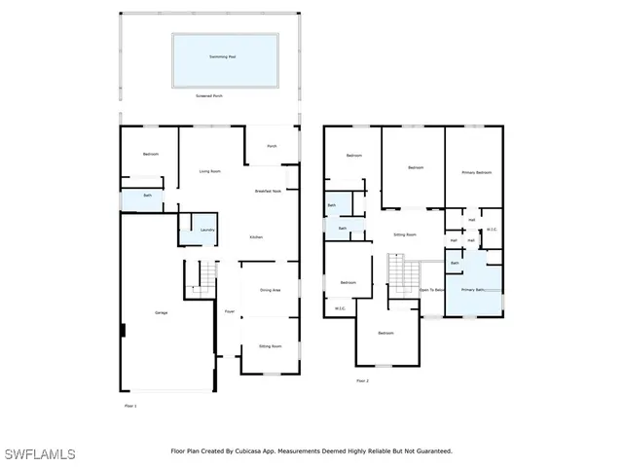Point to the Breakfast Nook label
click(x=269, y=192)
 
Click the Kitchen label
click(x=257, y=237)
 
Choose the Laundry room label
click(x=207, y=230)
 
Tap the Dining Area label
click(x=271, y=290)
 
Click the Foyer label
click(x=230, y=311)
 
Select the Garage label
click(x=162, y=312)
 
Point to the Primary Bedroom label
click(x=475, y=172)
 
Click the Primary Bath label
click(x=473, y=290)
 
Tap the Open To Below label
click(x=432, y=290)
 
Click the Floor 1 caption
click(x=130, y=405)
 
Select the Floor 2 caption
click(x=363, y=380)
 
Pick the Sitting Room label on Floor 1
click(x=270, y=346)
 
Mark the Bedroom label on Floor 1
click(x=150, y=154)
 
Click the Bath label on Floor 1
click(x=147, y=196)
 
